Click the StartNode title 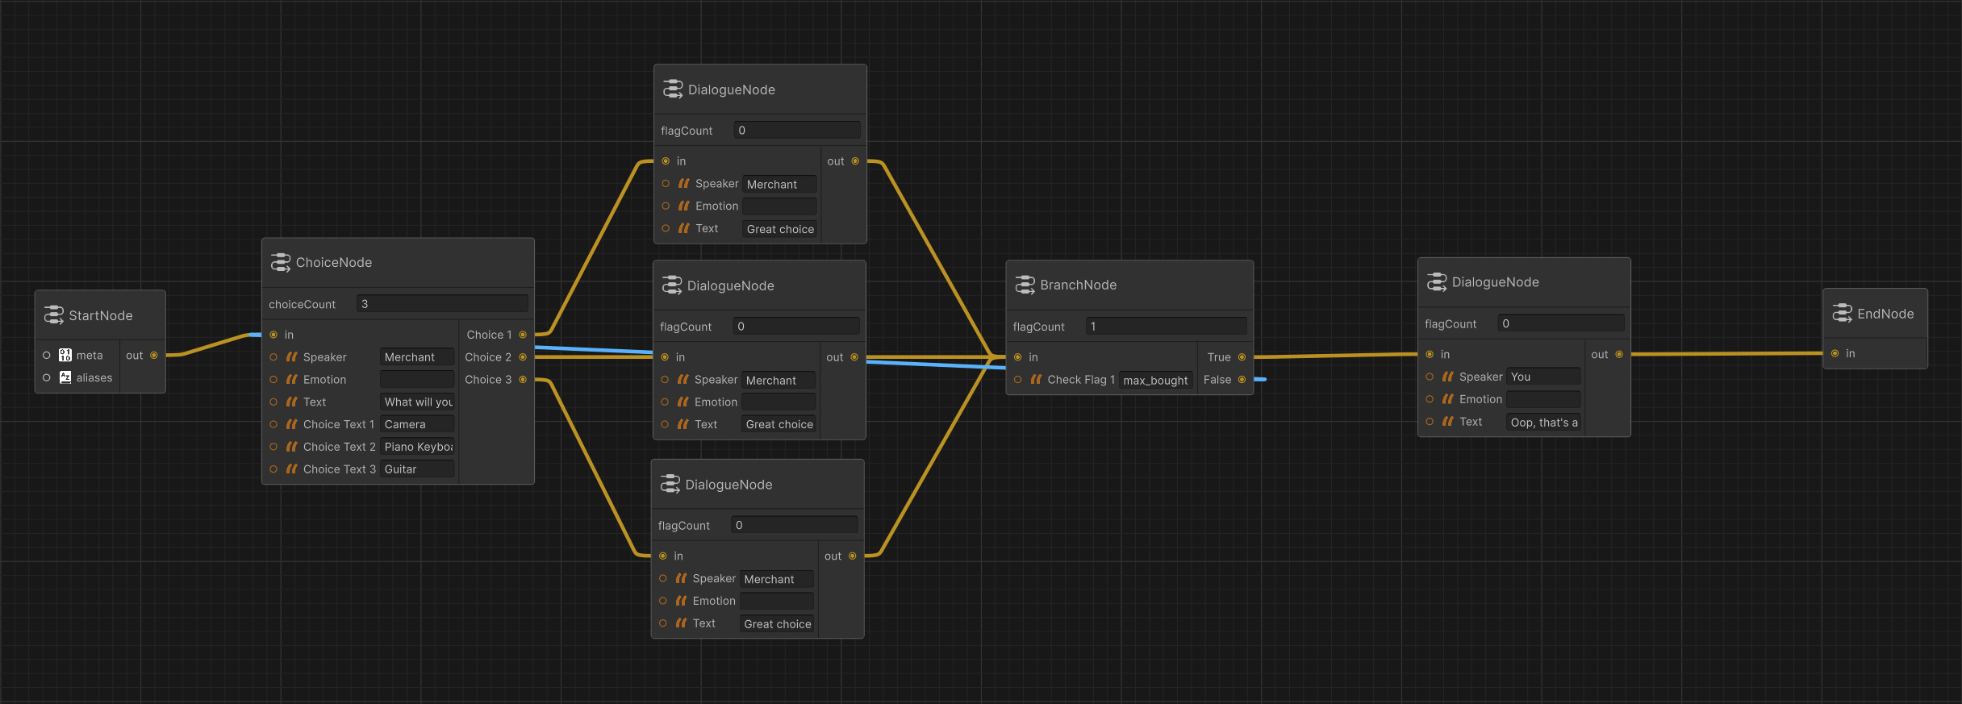(100, 315)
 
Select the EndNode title (1885, 314)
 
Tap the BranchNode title (1078, 285)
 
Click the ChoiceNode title (334, 262)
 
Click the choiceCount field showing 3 (442, 304)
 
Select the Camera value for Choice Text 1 (417, 424)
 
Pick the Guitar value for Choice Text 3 (417, 469)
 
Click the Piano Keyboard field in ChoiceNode (417, 447)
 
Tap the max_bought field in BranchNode (1155, 380)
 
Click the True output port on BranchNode (1242, 357)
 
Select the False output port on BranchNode (1242, 380)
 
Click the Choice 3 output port (523, 380)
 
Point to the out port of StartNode (154, 356)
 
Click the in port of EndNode (1835, 353)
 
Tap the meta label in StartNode (90, 356)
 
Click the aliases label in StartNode (94, 377)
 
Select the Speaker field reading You (1543, 377)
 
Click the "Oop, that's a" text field (1543, 422)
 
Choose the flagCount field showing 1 (1166, 327)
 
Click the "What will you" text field (417, 402)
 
